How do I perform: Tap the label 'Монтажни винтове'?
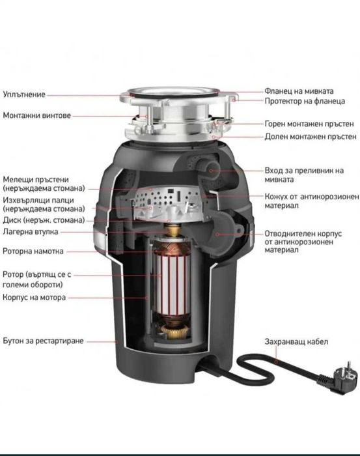click(36, 115)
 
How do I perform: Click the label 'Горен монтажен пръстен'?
click(309, 123)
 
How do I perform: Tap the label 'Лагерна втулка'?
click(30, 231)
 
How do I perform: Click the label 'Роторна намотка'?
click(34, 250)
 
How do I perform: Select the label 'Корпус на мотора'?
click(34, 297)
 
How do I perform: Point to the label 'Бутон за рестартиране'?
click(43, 341)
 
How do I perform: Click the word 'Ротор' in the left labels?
click(14, 274)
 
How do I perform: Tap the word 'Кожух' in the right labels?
click(277, 196)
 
